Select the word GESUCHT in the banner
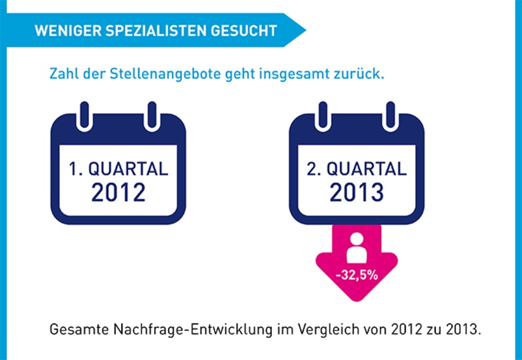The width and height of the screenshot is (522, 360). click(x=246, y=30)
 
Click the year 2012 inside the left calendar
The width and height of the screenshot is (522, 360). click(x=118, y=191)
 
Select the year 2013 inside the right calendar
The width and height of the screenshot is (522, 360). click(x=356, y=191)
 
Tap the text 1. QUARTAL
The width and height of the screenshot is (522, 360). click(x=118, y=169)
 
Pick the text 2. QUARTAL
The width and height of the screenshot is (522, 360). click(x=356, y=169)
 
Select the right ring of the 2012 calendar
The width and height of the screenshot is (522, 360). click(x=152, y=114)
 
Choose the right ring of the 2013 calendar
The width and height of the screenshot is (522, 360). click(x=390, y=114)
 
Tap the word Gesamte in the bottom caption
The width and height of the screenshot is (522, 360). click(x=74, y=332)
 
